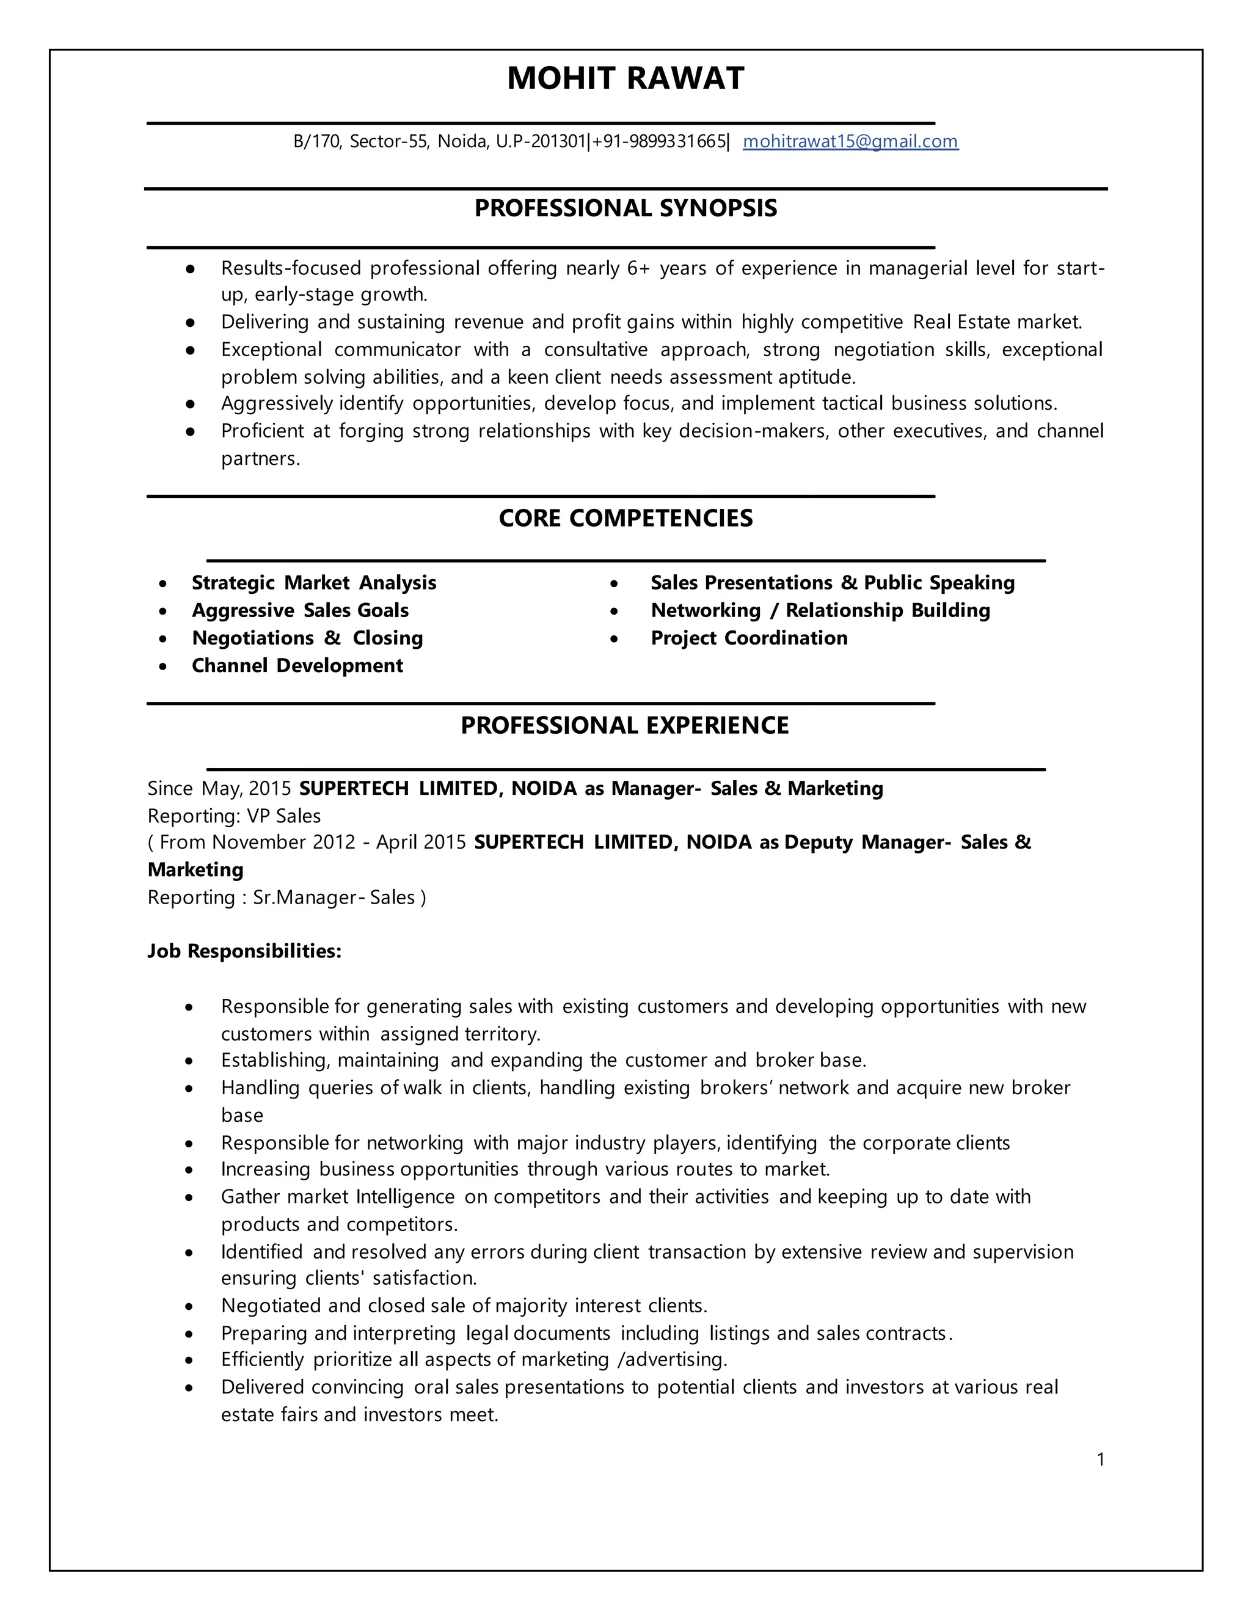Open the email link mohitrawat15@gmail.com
pyautogui.click(x=850, y=141)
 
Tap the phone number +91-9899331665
pyautogui.click(x=659, y=141)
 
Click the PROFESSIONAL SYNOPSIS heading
pyautogui.click(x=625, y=208)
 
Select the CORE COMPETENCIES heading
pyautogui.click(x=625, y=518)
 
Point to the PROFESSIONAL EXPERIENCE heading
pyautogui.click(x=625, y=725)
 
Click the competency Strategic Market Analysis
pyautogui.click(x=313, y=583)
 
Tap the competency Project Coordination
pyautogui.click(x=748, y=638)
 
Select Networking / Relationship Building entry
pyautogui.click(x=820, y=610)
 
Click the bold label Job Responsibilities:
pyautogui.click(x=244, y=951)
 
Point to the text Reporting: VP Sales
pyautogui.click(x=233, y=816)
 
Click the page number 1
pyautogui.click(x=1101, y=1460)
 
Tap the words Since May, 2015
pyautogui.click(x=219, y=788)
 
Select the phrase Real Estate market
pyautogui.click(x=997, y=322)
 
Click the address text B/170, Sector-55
pyautogui.click(x=360, y=141)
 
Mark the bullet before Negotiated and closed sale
pyautogui.click(x=190, y=1306)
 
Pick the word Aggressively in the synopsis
pyautogui.click(x=277, y=403)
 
